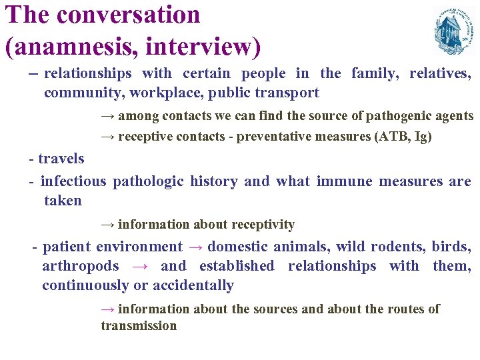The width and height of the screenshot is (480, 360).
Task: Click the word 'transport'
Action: [x=287, y=93]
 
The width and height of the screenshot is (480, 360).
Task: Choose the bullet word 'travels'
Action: [x=61, y=159]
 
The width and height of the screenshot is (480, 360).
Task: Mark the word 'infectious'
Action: [x=73, y=181]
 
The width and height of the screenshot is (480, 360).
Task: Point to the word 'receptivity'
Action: [x=262, y=225]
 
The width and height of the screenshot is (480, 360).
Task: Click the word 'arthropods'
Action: [x=81, y=266]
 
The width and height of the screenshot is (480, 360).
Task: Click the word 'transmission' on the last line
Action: [x=139, y=326]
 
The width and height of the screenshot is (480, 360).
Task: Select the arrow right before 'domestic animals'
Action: [x=195, y=247]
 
